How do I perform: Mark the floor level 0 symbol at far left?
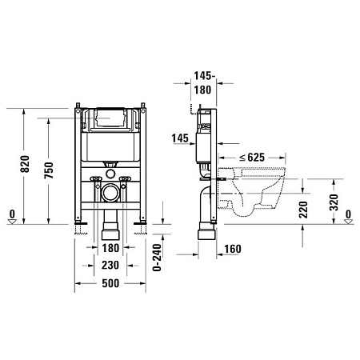(10, 214)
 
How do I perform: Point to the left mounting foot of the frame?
(79, 230)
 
